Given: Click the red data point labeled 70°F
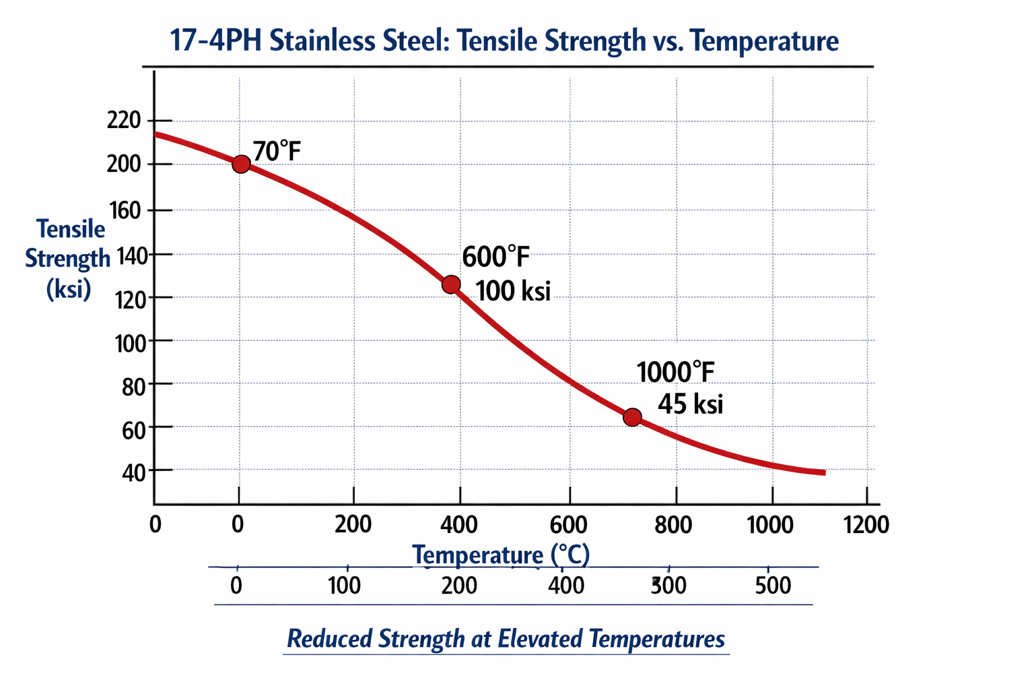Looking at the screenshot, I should [x=241, y=164].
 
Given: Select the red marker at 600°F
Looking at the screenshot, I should [x=451, y=285].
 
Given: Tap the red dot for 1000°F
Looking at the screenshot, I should [x=632, y=418].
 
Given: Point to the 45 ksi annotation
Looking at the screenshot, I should [x=690, y=404].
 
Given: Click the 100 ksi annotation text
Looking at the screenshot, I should [x=513, y=291].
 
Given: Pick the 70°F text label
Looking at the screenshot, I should [x=277, y=152].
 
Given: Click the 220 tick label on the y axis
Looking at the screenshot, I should [x=124, y=121].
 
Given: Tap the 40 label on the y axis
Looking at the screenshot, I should [x=133, y=472].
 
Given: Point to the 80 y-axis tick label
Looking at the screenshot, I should [x=133, y=386].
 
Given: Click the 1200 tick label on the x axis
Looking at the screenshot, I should [x=866, y=524].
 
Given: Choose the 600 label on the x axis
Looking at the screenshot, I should [x=569, y=524].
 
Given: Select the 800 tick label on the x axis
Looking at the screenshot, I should [x=673, y=524].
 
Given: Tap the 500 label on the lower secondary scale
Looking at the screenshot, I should [x=773, y=585].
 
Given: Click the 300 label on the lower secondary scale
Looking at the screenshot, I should [x=668, y=585].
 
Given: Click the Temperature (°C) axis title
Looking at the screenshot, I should [x=501, y=555].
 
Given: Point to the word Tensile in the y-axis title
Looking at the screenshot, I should [x=71, y=229].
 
